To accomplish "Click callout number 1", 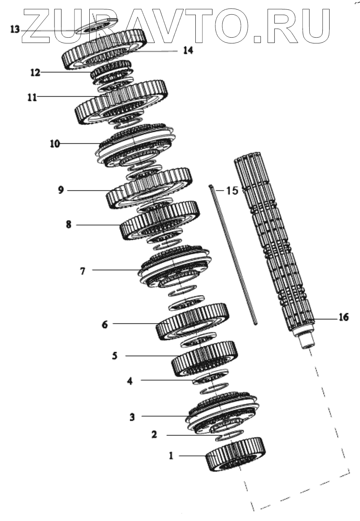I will pyautogui.click(x=172, y=455).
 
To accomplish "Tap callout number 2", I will pyautogui.click(x=154, y=435).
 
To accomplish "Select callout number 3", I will pyautogui.click(x=132, y=417).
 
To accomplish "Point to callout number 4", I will pyautogui.click(x=130, y=380).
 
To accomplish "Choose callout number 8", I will pyautogui.click(x=68, y=225).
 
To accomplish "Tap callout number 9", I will pyautogui.click(x=61, y=191).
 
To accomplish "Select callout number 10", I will pyautogui.click(x=55, y=144).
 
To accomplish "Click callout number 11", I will pyautogui.click(x=32, y=97).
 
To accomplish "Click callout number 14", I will pyautogui.click(x=188, y=51).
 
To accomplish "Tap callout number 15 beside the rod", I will pyautogui.click(x=232, y=191).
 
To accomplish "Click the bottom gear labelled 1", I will pyautogui.click(x=235, y=454).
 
